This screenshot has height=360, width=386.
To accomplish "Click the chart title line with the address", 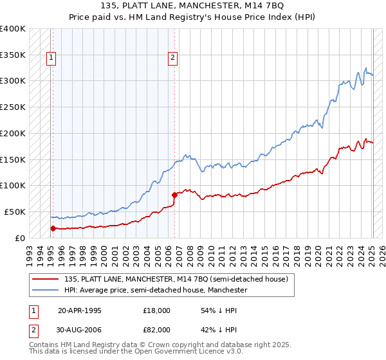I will point(192,5).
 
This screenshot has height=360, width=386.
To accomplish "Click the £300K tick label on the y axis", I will point(13,81).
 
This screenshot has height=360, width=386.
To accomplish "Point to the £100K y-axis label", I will point(13,185).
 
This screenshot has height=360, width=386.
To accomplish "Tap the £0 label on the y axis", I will point(21,238).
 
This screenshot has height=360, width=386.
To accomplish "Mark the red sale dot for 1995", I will point(53,228).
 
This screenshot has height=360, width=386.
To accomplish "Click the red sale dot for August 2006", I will point(174,195).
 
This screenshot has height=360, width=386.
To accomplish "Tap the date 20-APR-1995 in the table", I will point(80,310).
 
